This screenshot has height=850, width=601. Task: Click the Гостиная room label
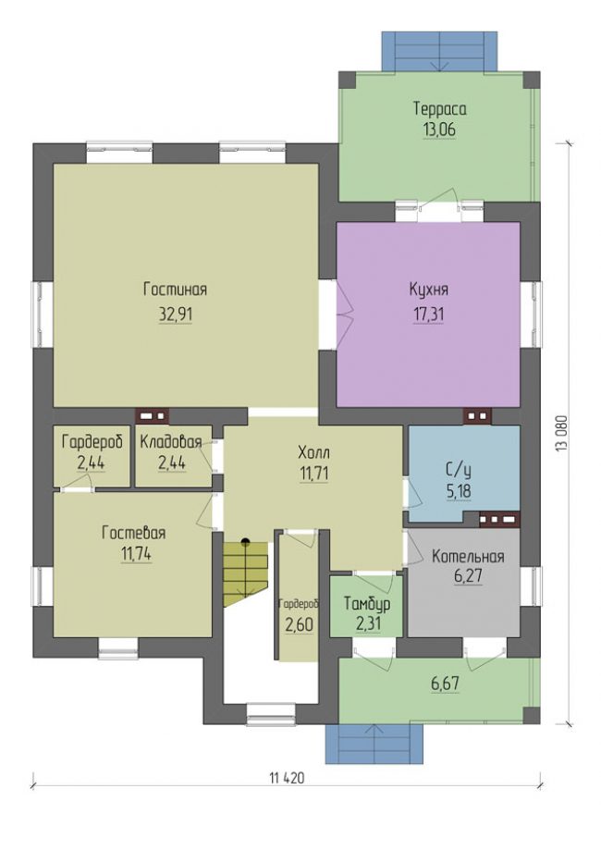click(175, 289)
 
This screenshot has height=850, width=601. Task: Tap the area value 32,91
click(176, 314)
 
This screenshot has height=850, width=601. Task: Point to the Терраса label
click(440, 109)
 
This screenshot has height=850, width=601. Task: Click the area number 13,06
click(439, 129)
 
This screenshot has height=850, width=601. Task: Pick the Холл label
click(313, 452)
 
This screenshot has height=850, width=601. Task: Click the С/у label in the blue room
click(458, 470)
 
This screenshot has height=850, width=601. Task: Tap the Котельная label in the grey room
click(468, 557)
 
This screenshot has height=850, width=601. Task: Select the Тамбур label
click(367, 604)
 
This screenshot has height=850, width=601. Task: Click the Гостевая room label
click(133, 534)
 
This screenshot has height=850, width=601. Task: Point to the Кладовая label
click(171, 442)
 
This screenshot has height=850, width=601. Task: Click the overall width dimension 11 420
click(287, 779)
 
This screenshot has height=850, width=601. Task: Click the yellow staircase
click(246, 574)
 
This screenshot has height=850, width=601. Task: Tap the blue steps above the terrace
click(439, 51)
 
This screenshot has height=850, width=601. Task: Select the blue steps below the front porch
click(374, 744)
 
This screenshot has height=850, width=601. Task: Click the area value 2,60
click(300, 625)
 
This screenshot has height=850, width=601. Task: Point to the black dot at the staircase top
click(246, 541)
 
